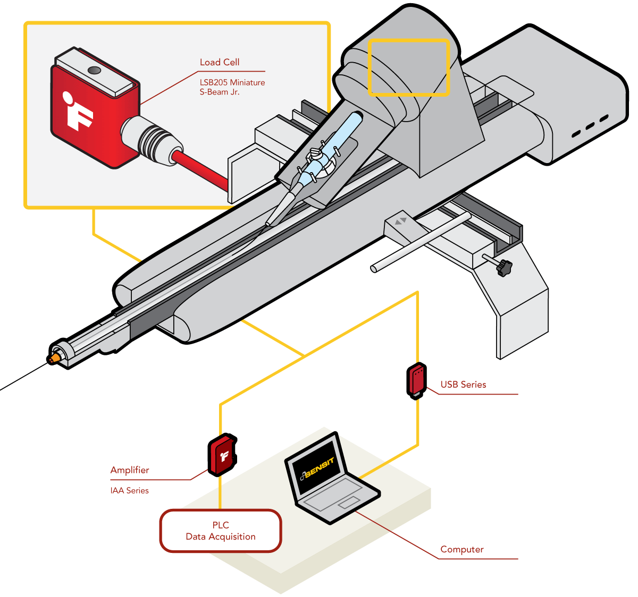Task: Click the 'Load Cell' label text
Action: coord(220,63)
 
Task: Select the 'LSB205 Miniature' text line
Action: coord(232,83)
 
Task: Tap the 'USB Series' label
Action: coord(463,385)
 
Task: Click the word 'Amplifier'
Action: coord(130,470)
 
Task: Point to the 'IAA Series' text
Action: coord(130,491)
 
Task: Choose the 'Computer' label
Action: coord(462,550)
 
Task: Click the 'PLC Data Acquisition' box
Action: coord(221,531)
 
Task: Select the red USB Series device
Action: coord(417,380)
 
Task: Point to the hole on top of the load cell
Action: coord(95,70)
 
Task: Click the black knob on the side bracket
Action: coord(503,267)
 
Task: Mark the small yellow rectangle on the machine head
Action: coord(409,67)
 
